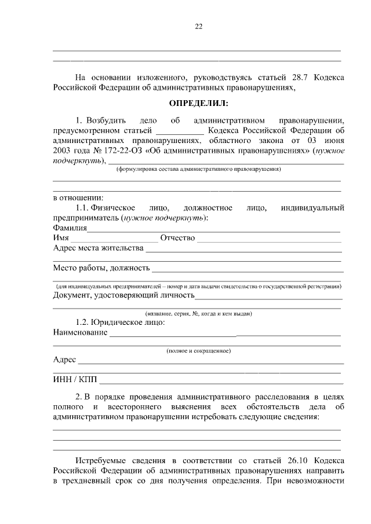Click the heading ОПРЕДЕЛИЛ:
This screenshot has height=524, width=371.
coord(198,104)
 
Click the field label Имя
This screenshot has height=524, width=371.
coord(61,238)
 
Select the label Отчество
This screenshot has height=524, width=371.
coord(177,238)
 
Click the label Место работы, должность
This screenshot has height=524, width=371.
coord(101,268)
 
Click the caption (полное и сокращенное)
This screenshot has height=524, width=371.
coord(198,351)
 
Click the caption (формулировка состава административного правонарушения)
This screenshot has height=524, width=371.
coord(198,170)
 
